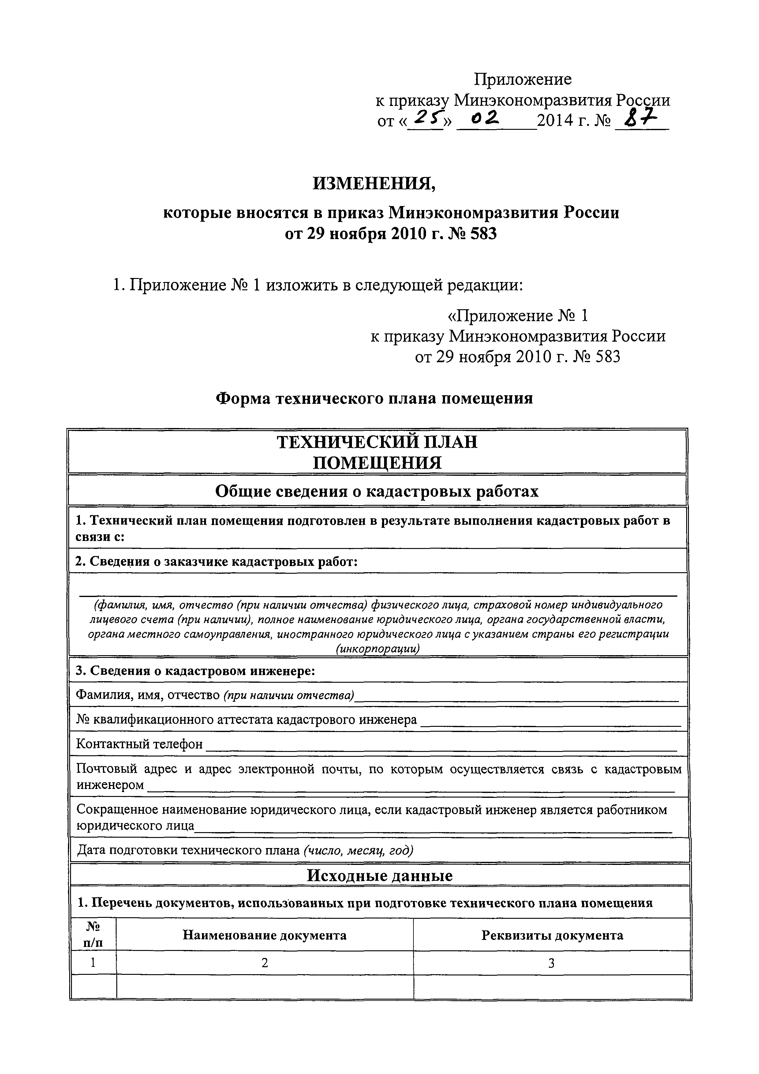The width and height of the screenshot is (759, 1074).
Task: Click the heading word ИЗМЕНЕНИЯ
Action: [x=374, y=184]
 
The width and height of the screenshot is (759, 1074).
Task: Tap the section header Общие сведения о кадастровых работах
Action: [x=377, y=491]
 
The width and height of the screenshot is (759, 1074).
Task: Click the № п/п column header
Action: [x=93, y=935]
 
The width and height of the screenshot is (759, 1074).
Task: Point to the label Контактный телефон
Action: [x=139, y=744]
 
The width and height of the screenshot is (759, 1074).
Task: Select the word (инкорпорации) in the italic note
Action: [x=377, y=649]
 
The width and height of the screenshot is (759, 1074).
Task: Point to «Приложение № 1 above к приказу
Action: [x=518, y=316]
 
